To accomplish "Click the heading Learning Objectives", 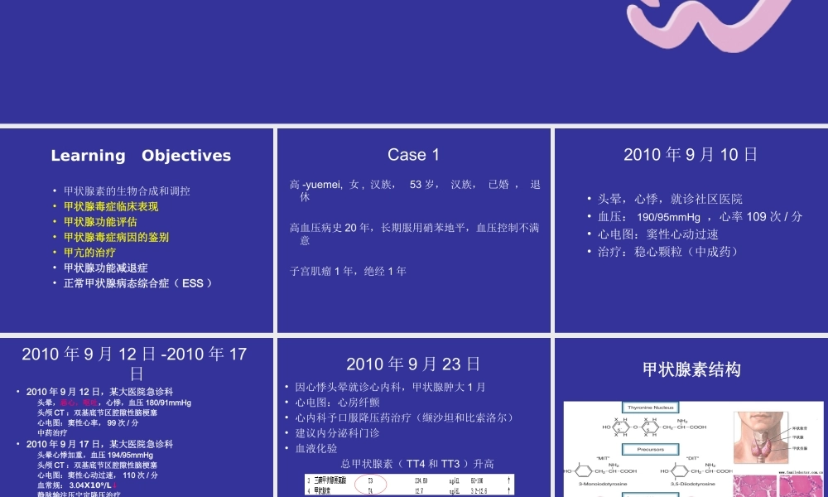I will (x=141, y=156).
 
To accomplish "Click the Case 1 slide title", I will (x=413, y=155).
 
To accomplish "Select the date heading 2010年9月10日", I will (x=691, y=155).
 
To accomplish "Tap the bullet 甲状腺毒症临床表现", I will (x=111, y=206).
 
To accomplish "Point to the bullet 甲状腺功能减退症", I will (x=105, y=268).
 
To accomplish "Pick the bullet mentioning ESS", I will (x=138, y=283).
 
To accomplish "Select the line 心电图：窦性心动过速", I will (x=658, y=234).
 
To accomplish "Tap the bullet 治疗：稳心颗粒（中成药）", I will (x=668, y=252).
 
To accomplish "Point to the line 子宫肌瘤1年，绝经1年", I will (x=348, y=271).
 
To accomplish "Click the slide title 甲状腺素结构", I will (x=691, y=369).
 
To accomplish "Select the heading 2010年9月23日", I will (x=413, y=364).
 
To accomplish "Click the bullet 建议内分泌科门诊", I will (x=337, y=433).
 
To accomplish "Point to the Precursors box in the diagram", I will (x=650, y=451).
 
